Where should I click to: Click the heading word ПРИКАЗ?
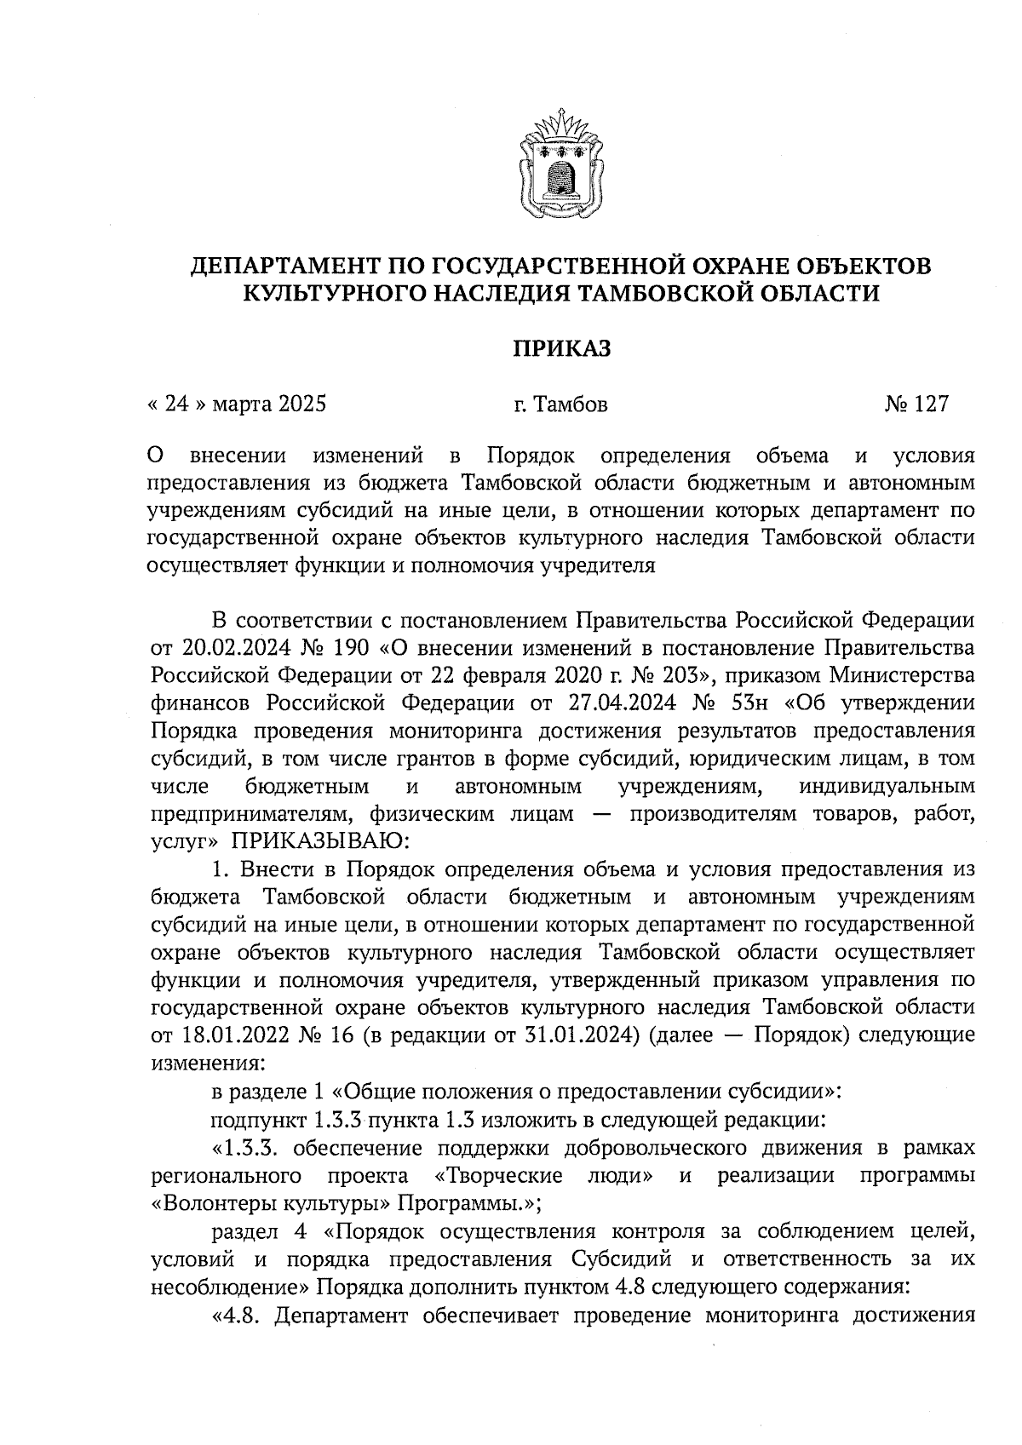point(561,349)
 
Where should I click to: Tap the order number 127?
point(930,404)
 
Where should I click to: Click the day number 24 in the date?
point(176,404)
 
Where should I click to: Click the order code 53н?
point(749,703)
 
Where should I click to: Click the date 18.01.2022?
point(226,1036)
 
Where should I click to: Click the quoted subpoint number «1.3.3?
point(246,1148)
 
